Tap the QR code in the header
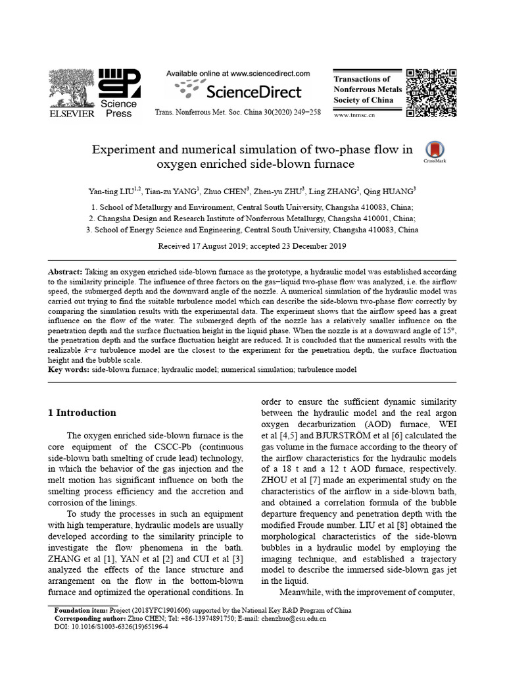click(431, 92)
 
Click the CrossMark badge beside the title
click(435, 151)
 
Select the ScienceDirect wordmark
click(252, 91)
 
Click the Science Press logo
click(119, 92)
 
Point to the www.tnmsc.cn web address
click(355, 115)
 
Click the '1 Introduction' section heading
click(82, 413)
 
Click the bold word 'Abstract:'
click(66, 272)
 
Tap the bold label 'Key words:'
click(69, 370)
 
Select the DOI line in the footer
click(111, 627)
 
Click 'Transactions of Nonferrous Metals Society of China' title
click(364, 90)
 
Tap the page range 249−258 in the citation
click(305, 113)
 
